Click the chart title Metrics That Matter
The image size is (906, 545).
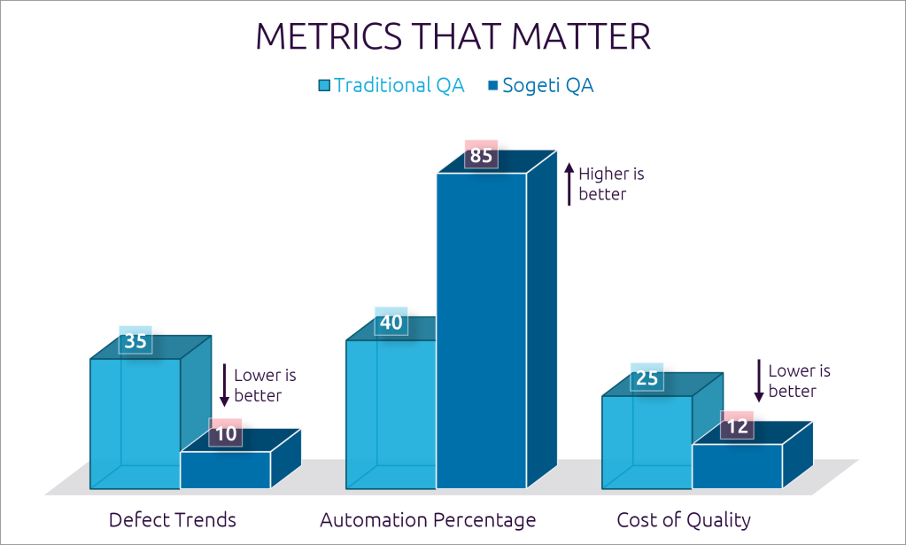453,37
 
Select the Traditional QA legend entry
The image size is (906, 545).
391,86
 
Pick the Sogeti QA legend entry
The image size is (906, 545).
540,86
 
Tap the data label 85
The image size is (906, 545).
481,156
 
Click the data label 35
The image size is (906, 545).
136,340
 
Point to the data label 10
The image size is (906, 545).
225,434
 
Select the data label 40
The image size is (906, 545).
391,323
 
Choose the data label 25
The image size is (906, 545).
647,378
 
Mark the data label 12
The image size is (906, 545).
737,426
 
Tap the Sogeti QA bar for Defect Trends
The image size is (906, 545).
225,470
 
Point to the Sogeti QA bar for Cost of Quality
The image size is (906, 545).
737,466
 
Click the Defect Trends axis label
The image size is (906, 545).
172,520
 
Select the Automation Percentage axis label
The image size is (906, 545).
428,520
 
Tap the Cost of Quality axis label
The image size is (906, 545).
684,520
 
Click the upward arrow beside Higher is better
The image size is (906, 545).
569,183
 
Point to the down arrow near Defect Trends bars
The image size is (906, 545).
224,385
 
